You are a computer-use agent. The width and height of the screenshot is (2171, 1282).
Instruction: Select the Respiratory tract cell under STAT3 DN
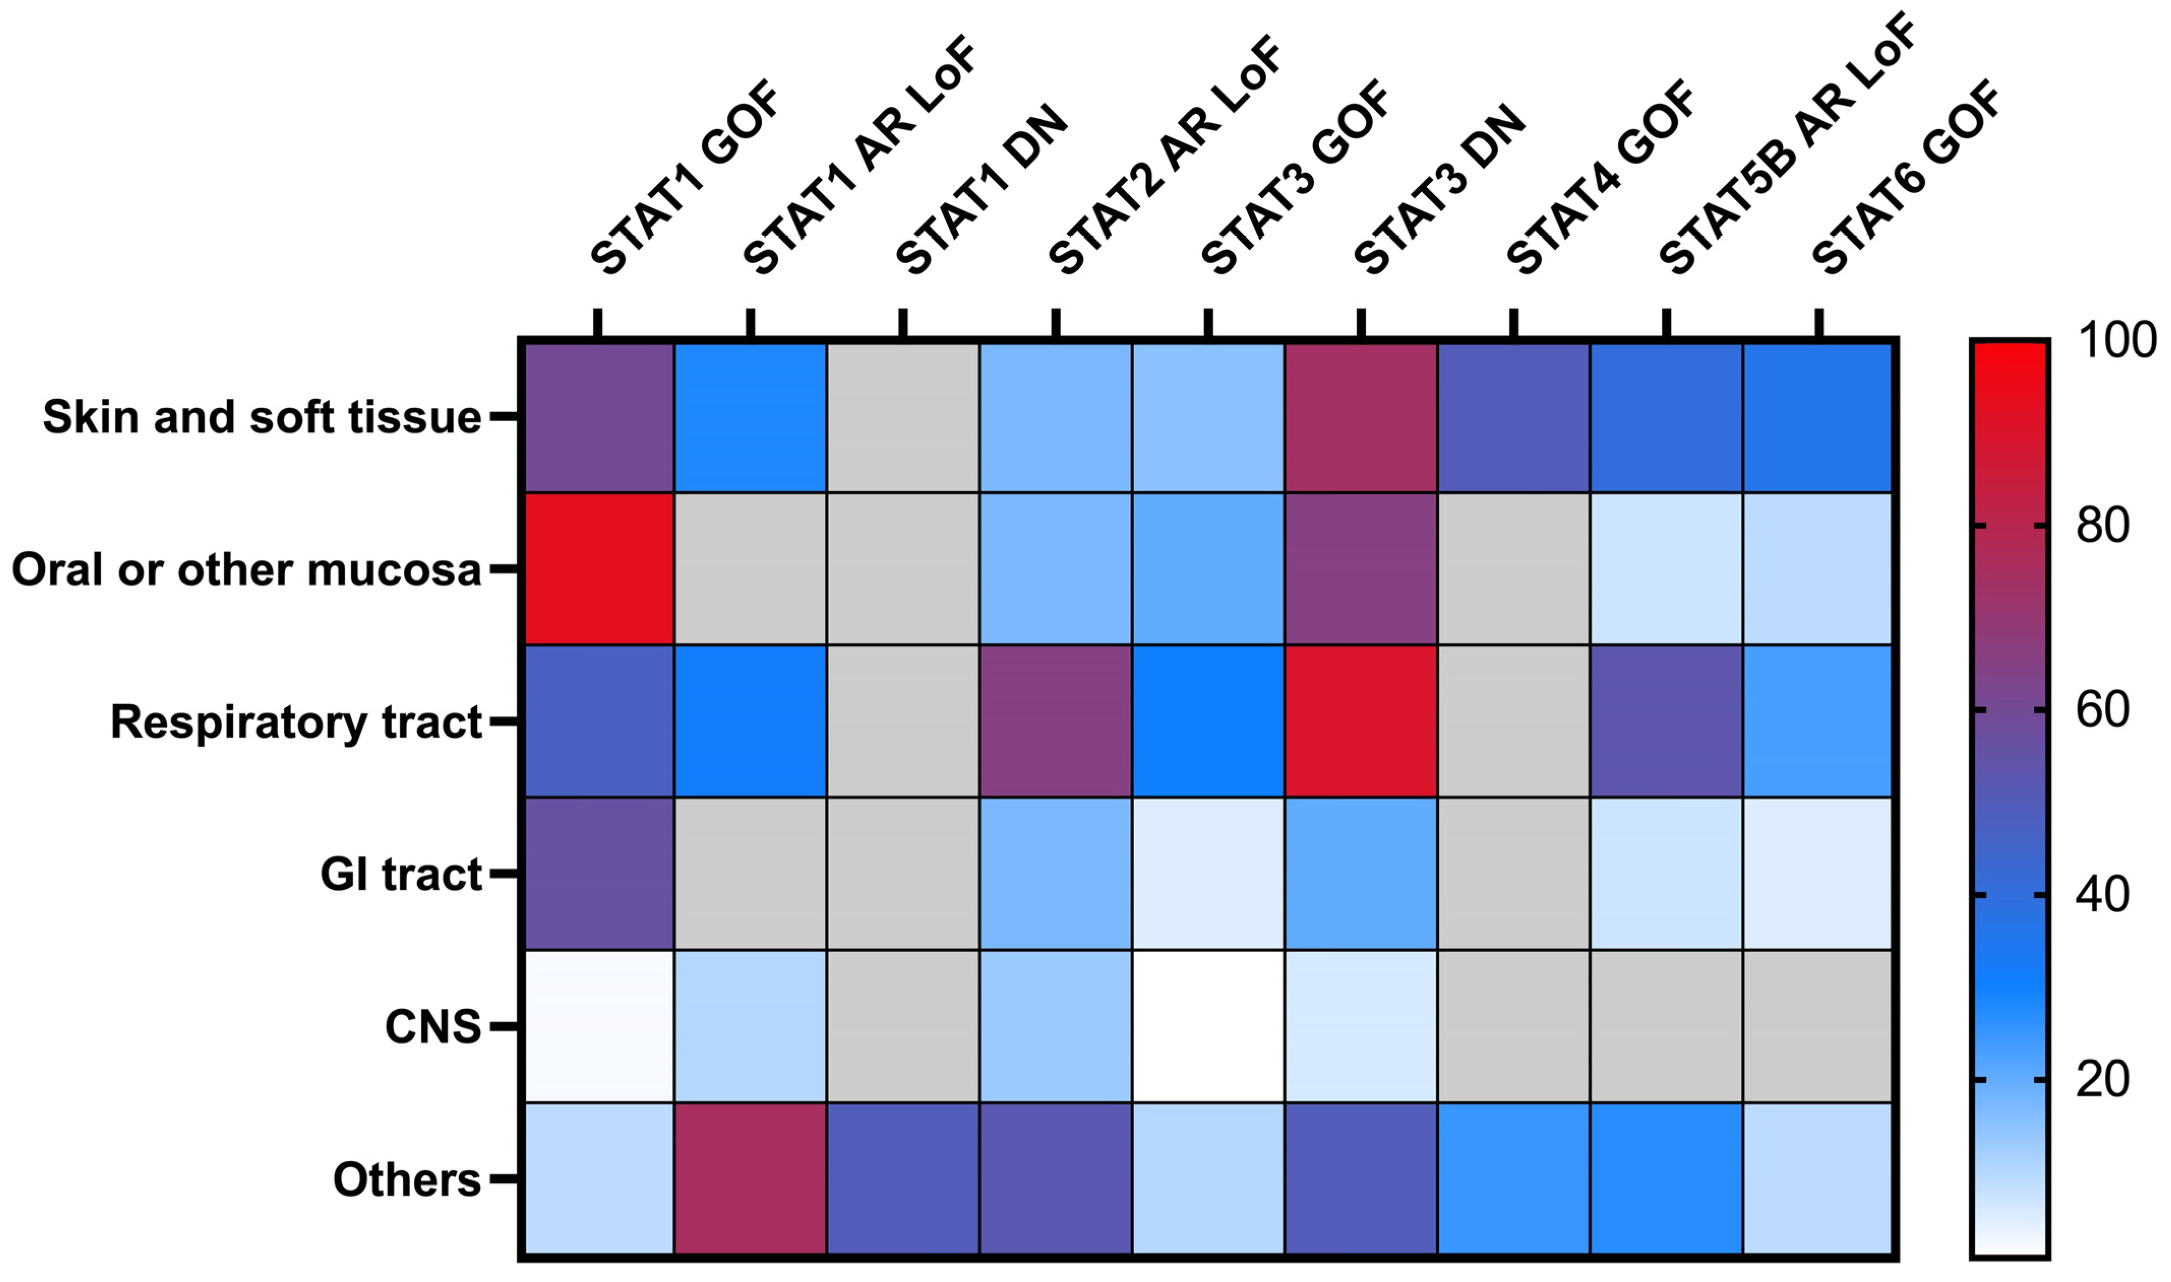(x=1361, y=721)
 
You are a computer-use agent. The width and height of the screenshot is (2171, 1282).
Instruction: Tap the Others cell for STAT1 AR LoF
(x=750, y=1178)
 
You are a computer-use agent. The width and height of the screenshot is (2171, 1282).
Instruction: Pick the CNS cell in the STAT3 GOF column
(x=1208, y=1026)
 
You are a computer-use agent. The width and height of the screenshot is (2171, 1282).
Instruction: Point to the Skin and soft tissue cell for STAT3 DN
(x=1361, y=416)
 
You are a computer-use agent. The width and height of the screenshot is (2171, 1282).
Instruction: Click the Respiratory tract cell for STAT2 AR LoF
(x=1055, y=721)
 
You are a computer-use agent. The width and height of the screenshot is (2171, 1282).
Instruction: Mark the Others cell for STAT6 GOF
(x=1818, y=1178)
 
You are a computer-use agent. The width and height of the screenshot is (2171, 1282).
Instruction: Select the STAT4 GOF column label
(x=1603, y=177)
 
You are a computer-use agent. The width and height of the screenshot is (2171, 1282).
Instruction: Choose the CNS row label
(x=432, y=1027)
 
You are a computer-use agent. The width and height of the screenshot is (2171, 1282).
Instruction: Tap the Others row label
(x=406, y=1179)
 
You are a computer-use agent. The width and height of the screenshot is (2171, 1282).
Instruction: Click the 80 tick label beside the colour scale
(x=2103, y=525)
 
